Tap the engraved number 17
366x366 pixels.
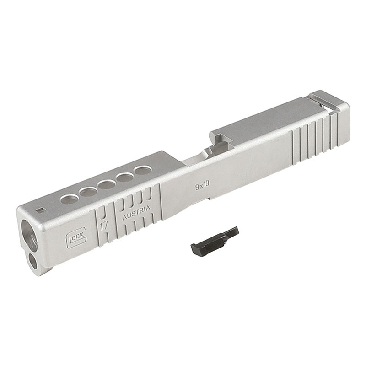pyautogui.click(x=104, y=226)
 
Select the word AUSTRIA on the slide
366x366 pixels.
pyautogui.click(x=136, y=213)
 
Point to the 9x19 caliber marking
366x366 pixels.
pyautogui.click(x=202, y=186)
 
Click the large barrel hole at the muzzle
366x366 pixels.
pyautogui.click(x=29, y=235)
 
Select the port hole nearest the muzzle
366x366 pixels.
pyautogui.click(x=70, y=200)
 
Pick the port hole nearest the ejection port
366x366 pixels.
pyautogui.click(x=143, y=170)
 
